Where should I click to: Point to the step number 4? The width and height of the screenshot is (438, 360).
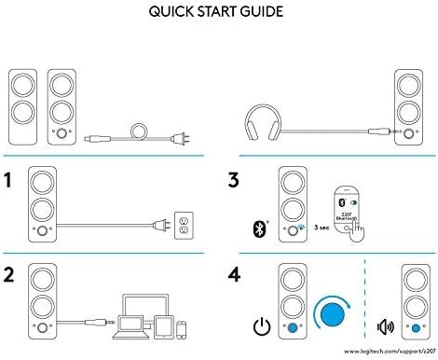click(237, 277)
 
